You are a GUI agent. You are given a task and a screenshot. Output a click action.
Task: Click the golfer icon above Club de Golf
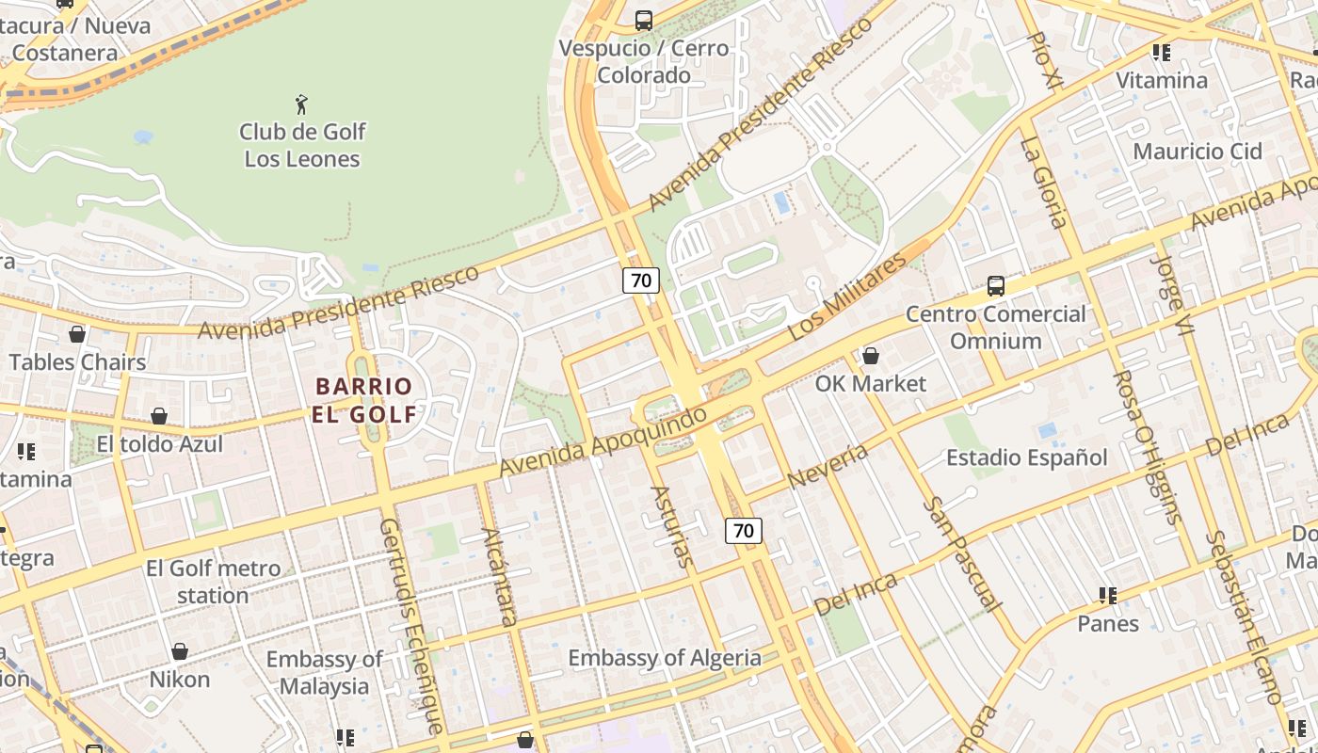[301, 104]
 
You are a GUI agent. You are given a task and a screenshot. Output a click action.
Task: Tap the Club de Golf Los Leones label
[301, 145]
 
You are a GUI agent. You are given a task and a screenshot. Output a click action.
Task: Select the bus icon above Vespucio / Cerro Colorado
[644, 20]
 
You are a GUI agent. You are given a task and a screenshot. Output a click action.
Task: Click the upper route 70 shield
[640, 280]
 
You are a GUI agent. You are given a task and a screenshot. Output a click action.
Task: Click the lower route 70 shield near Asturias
[743, 530]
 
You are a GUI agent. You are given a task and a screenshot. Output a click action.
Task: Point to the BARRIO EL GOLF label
[364, 400]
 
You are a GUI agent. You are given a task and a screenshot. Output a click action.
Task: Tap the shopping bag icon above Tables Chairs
[77, 334]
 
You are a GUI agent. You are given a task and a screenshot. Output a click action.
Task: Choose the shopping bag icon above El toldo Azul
[159, 416]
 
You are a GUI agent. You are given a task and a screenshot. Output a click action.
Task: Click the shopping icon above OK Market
[871, 356]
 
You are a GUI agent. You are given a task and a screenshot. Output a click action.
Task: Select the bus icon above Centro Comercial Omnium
[995, 285]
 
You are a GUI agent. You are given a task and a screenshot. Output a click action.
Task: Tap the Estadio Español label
[1026, 457]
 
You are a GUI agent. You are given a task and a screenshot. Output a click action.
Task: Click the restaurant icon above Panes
[1108, 596]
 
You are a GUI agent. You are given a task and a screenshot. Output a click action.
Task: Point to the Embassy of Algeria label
[664, 658]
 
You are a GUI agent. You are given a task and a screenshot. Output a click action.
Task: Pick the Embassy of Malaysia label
[324, 672]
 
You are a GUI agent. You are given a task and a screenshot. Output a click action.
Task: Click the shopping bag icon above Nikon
[179, 651]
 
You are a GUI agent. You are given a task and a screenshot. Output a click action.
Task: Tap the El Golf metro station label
[213, 582]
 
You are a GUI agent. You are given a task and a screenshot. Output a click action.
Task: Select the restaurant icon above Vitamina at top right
[1162, 53]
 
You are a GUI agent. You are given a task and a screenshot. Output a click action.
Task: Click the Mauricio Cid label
[1197, 151]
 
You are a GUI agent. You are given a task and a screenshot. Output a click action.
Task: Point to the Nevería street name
[828, 467]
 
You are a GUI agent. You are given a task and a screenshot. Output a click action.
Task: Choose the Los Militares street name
[846, 296]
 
